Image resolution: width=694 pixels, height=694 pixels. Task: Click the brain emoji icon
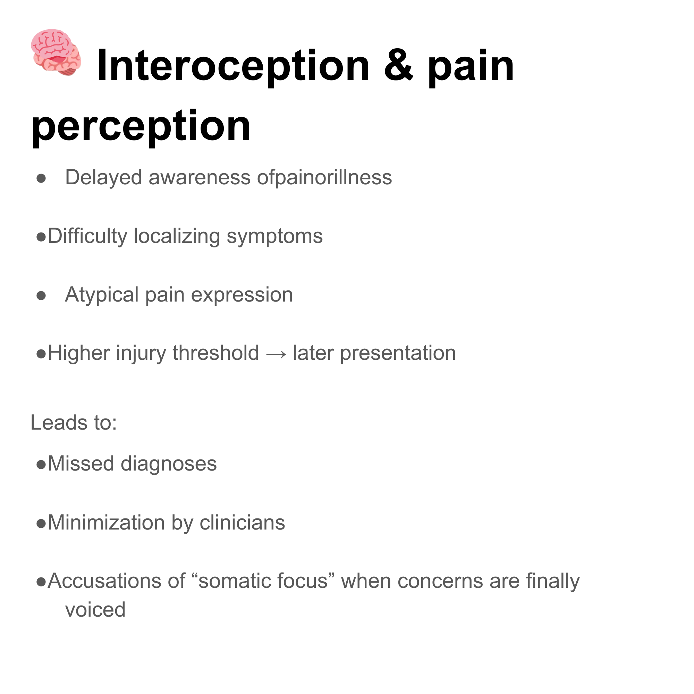[x=56, y=52]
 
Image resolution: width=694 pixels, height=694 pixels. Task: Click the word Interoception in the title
[x=233, y=66]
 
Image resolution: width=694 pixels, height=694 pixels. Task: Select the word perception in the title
[x=141, y=126]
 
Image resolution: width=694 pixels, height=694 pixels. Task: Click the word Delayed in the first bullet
[x=103, y=177]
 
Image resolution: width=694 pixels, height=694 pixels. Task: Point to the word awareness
[x=200, y=177]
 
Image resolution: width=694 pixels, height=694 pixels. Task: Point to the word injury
[x=141, y=354]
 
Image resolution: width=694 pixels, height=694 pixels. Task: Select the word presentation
[x=398, y=354]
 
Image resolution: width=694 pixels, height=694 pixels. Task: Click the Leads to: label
[x=74, y=422]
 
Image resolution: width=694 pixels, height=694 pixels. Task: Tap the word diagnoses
[x=169, y=464]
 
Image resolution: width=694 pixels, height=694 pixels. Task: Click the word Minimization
[x=106, y=522]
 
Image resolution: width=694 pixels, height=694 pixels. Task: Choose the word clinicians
[x=242, y=522]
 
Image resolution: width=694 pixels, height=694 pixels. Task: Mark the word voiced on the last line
[x=95, y=610]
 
